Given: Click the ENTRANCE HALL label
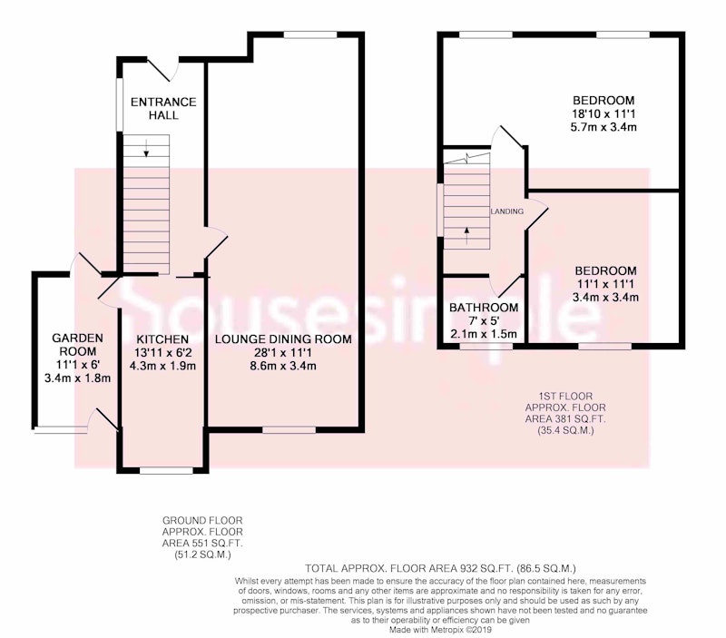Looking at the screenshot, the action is click(x=163, y=108).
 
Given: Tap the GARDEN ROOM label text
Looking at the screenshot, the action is click(x=77, y=345).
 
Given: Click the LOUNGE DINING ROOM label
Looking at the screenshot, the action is click(x=283, y=339).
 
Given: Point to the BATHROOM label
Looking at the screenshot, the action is click(x=484, y=308).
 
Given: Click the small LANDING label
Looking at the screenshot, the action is click(x=507, y=211).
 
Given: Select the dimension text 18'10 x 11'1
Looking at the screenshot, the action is click(x=603, y=113).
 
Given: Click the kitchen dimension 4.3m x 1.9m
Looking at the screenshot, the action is click(x=162, y=366).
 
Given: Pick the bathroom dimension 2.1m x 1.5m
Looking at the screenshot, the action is click(x=484, y=334).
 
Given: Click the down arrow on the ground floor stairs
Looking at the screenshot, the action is click(x=146, y=148).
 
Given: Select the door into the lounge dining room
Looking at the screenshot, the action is click(x=216, y=240).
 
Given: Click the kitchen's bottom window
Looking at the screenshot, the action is click(x=166, y=470).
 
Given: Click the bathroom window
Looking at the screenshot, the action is click(x=486, y=346).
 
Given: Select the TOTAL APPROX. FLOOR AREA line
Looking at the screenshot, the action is click(x=440, y=568).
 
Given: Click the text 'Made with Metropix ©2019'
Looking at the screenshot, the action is click(x=440, y=630).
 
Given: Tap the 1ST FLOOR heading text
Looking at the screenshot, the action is click(x=565, y=397).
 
